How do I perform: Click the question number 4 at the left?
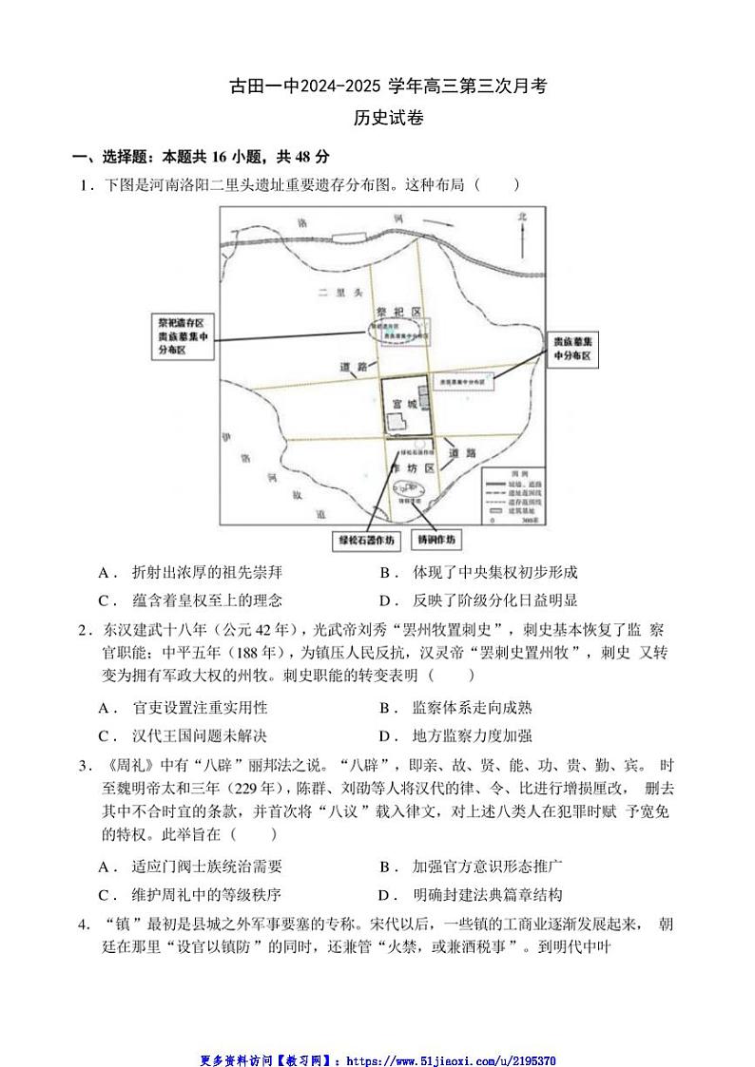(85, 923)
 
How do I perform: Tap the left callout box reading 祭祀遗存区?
(184, 336)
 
